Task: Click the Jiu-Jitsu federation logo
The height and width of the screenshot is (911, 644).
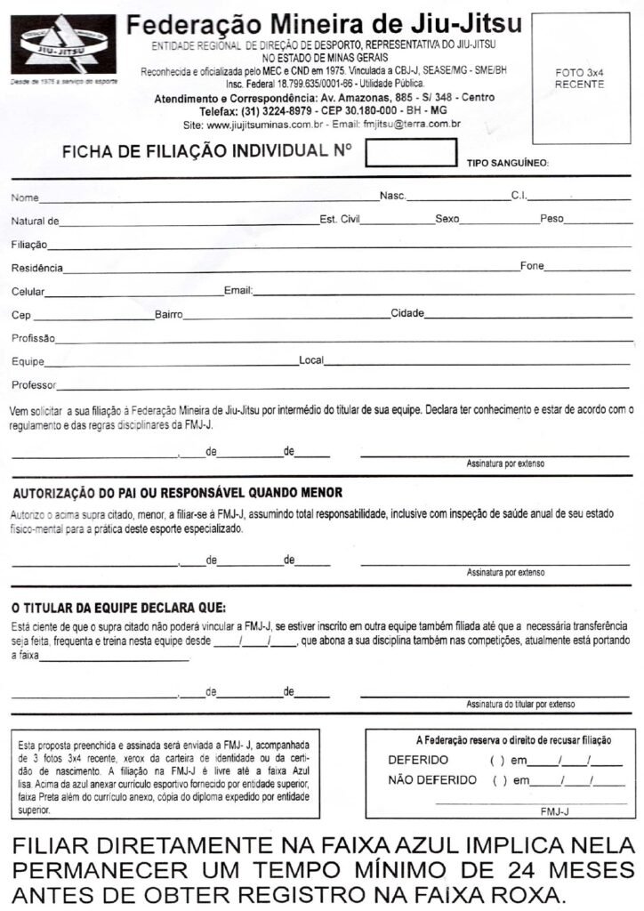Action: click(x=63, y=45)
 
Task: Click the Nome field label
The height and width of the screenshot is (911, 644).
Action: click(x=25, y=198)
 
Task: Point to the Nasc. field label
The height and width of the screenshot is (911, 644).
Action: click(x=393, y=196)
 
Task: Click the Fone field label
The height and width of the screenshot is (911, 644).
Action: click(x=531, y=266)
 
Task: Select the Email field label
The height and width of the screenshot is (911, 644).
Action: click(x=237, y=290)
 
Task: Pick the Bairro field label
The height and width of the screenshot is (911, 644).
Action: click(x=168, y=314)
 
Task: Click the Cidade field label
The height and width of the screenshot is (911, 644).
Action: click(x=407, y=313)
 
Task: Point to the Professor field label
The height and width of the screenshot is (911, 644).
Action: click(x=34, y=386)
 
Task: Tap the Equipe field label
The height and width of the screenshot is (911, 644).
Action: click(x=28, y=362)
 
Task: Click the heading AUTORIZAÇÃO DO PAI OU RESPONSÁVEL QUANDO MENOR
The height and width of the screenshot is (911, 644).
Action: click(x=176, y=492)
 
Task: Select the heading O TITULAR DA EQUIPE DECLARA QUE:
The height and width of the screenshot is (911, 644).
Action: click(x=118, y=609)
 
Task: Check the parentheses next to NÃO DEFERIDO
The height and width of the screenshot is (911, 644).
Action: click(x=499, y=780)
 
